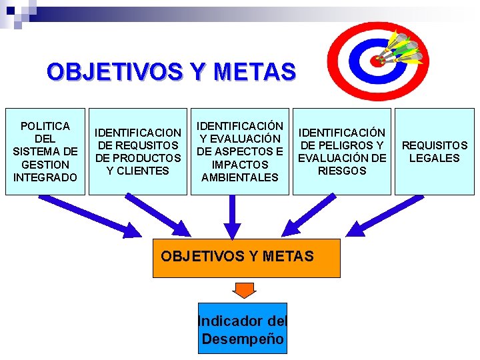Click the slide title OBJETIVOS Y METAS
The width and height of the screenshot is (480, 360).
tap(171, 71)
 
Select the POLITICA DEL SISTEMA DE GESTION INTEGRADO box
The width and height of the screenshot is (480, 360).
tap(45, 151)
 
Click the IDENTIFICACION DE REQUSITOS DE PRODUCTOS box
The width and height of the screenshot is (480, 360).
tap(138, 151)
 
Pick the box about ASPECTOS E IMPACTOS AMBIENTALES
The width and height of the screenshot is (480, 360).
tap(239, 151)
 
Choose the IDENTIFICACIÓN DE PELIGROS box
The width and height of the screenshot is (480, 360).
tap(341, 151)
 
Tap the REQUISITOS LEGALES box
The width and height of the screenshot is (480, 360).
tap(434, 151)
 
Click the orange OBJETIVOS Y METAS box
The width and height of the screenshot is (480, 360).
tap(246, 257)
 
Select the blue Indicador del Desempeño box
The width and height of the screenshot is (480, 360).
tap(242, 328)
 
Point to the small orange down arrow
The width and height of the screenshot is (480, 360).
tap(245, 290)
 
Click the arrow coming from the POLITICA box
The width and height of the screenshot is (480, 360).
tap(90, 215)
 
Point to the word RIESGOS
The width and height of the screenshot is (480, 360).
tap(342, 171)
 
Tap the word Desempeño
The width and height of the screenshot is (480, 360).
tap(243, 339)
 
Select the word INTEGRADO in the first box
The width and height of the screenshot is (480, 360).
tap(45, 177)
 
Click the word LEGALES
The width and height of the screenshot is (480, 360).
tap(434, 158)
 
